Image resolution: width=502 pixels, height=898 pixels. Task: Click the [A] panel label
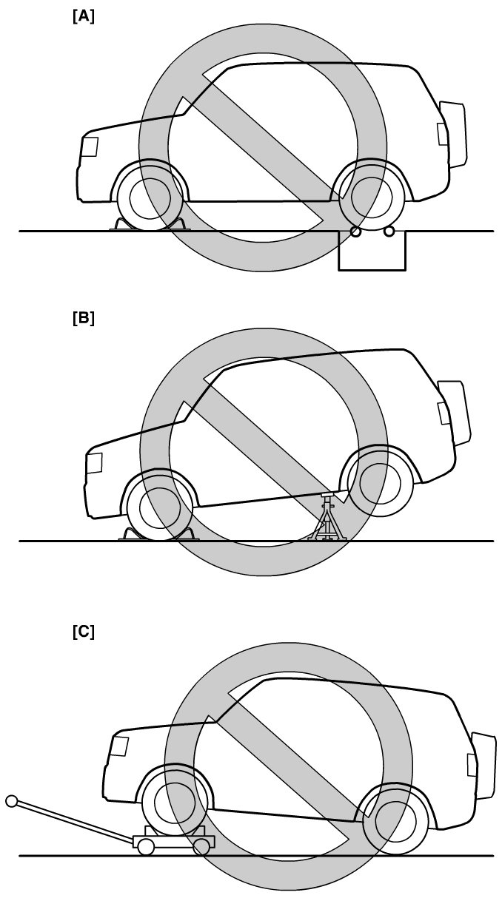[x=84, y=17]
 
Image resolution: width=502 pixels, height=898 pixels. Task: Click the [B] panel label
[x=84, y=319]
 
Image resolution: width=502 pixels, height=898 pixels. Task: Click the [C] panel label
[x=84, y=632]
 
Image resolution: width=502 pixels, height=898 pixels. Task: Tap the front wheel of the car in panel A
[x=150, y=198]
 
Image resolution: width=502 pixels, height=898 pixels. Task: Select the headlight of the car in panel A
[x=89, y=147]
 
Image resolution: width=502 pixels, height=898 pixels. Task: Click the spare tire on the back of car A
[x=454, y=135]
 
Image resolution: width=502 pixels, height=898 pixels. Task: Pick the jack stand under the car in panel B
[x=327, y=517]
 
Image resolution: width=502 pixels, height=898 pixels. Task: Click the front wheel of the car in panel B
[x=159, y=507]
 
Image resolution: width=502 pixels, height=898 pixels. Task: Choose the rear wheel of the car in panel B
[x=380, y=483]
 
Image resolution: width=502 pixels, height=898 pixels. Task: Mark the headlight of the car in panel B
[x=94, y=462]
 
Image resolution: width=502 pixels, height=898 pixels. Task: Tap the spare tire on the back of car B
[x=455, y=412]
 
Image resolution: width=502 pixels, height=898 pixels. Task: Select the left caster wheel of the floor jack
[x=146, y=847]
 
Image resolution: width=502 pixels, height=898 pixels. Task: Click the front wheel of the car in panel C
[x=174, y=803]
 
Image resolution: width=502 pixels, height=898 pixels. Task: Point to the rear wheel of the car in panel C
[x=395, y=823]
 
